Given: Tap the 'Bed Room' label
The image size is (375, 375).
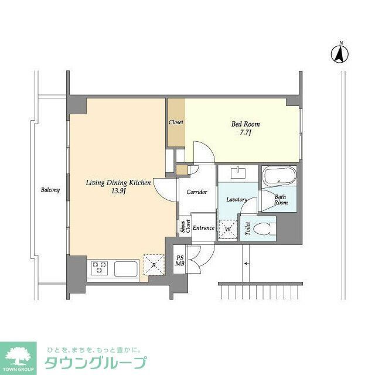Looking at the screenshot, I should point(246,124).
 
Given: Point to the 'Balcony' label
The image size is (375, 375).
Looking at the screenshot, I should point(50,190).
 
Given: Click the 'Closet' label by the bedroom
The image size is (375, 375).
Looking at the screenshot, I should point(176,122).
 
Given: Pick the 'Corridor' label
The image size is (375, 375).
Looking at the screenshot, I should point(196,192).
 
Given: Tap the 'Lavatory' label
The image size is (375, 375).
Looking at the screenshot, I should point(237,200).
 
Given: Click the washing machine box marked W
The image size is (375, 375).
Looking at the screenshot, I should point(227,229).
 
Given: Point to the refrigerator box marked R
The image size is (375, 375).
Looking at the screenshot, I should point(154,265).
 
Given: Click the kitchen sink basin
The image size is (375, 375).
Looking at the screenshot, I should point(126,269).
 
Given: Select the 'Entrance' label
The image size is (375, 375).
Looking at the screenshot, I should point(203,228).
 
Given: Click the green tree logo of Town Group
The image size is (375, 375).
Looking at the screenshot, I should point(18,356).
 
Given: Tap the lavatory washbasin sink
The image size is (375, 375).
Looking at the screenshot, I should point(239,173).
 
